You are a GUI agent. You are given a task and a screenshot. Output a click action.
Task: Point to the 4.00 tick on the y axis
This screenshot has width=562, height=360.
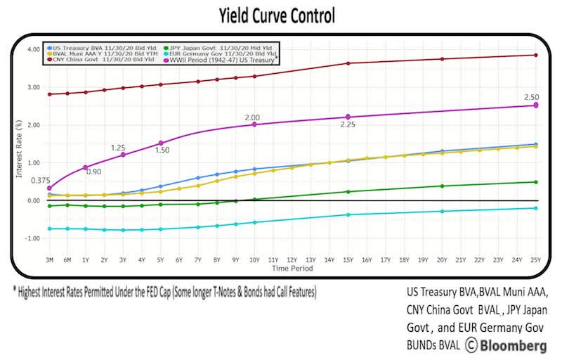(x=33, y=50)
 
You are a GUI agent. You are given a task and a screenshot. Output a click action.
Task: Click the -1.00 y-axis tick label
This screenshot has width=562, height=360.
(x=32, y=238)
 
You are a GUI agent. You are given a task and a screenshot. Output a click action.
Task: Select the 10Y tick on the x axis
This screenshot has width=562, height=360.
(x=254, y=260)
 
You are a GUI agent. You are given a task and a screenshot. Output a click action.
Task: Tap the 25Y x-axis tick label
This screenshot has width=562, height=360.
(x=536, y=260)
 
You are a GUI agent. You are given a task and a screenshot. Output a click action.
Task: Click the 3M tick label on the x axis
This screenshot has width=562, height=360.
(x=49, y=260)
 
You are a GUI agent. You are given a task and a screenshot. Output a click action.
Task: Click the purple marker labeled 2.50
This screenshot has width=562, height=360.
(x=536, y=105)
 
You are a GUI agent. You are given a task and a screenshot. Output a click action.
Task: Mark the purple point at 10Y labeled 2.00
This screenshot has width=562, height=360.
(x=254, y=124)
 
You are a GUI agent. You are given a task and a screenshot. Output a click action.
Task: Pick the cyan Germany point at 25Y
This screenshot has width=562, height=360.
(x=536, y=208)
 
